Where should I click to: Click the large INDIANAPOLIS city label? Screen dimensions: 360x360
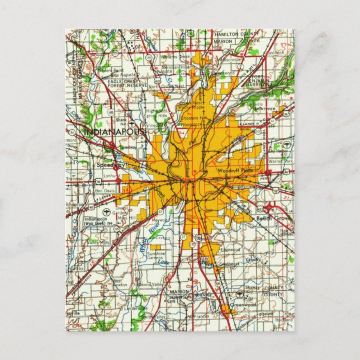tap(114, 131)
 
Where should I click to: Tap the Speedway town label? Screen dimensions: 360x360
tap(106, 165)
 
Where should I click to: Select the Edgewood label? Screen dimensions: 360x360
tap(230, 250)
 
